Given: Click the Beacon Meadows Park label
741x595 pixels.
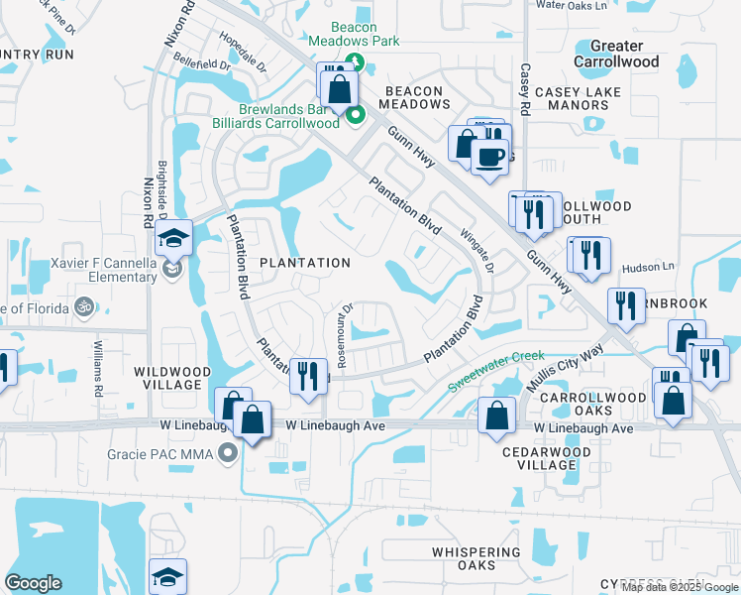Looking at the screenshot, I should (354, 35).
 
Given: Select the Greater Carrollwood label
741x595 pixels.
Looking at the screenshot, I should (624, 54).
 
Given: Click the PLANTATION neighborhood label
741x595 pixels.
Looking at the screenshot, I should (305, 263).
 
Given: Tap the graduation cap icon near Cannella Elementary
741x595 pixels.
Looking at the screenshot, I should (172, 239).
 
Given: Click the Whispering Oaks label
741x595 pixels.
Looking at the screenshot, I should (476, 558).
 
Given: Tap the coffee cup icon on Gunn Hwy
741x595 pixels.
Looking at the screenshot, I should (489, 157).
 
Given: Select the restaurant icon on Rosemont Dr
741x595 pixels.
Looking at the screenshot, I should (308, 375).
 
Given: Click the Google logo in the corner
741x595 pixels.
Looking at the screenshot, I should (33, 583).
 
